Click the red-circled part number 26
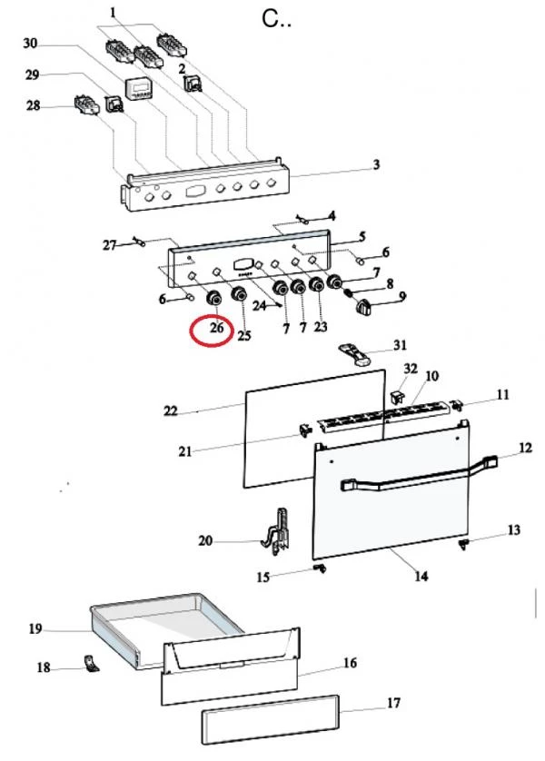(x=216, y=328)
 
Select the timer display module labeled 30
(x=139, y=90)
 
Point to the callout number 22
(x=171, y=411)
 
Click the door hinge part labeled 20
(x=278, y=532)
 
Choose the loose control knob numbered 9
(x=363, y=307)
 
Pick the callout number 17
(x=393, y=702)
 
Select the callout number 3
(x=377, y=164)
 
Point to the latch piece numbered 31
(x=355, y=354)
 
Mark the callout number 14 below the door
(x=421, y=576)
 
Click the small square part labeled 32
(x=398, y=397)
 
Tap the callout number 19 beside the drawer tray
(x=35, y=629)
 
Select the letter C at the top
(x=270, y=19)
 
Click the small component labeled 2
(x=193, y=83)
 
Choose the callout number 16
(x=350, y=663)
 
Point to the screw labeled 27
(x=138, y=241)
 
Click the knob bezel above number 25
(x=239, y=294)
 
